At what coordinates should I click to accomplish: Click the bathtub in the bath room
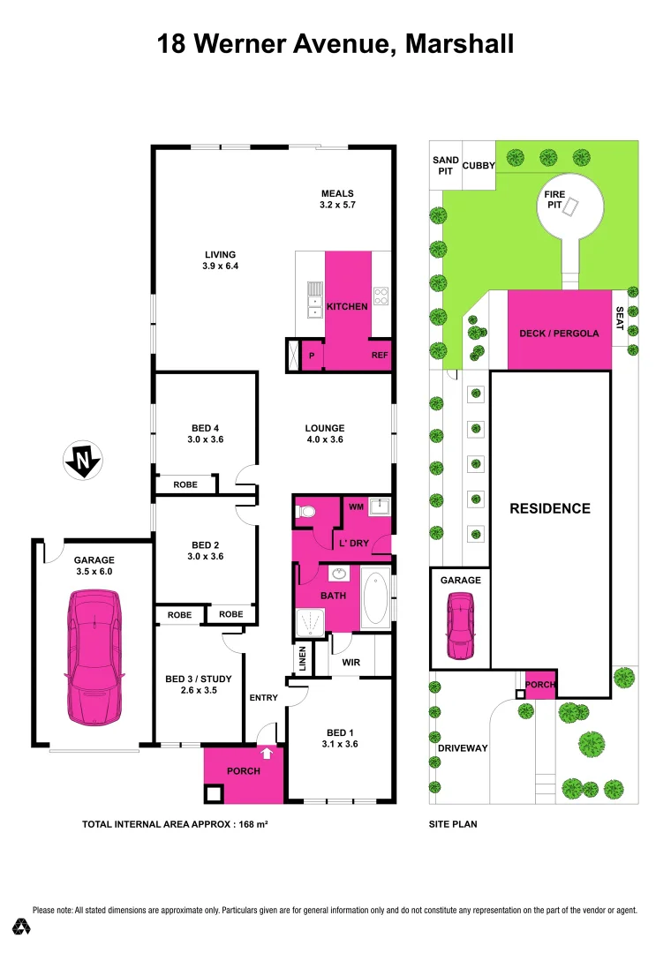pyautogui.click(x=375, y=598)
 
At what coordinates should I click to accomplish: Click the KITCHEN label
pyautogui.click(x=347, y=307)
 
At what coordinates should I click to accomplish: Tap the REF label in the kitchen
pyautogui.click(x=380, y=356)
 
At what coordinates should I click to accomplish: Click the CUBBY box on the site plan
pyautogui.click(x=479, y=165)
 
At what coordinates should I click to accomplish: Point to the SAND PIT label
pyautogui.click(x=446, y=166)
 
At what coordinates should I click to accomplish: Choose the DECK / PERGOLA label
pyautogui.click(x=559, y=334)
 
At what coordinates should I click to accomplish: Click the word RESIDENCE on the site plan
pyautogui.click(x=549, y=508)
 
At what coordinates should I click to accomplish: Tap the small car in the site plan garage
pyautogui.click(x=460, y=627)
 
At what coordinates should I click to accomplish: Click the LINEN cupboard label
pyautogui.click(x=302, y=658)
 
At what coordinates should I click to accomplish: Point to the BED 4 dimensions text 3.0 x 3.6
pyautogui.click(x=205, y=439)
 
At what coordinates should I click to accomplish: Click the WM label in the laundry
pyautogui.click(x=356, y=507)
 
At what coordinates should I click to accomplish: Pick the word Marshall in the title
pyautogui.click(x=459, y=43)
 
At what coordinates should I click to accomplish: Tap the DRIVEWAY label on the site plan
pyautogui.click(x=463, y=748)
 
